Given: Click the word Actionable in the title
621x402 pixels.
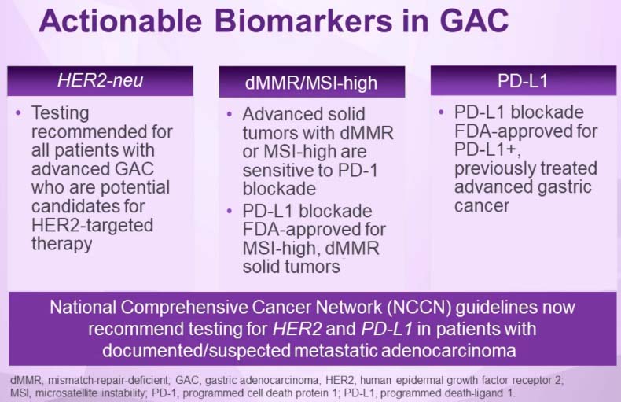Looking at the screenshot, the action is [120, 20].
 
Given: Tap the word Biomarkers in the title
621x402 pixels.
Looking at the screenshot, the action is [303, 20].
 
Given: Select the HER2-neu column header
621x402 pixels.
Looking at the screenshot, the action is [100, 80].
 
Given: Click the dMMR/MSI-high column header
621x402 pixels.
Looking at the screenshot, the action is [311, 83].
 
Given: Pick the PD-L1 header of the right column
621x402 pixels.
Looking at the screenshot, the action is [523, 81].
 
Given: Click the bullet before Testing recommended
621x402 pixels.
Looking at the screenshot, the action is [18, 113].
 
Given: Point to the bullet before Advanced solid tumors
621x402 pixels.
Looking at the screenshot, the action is [230, 115].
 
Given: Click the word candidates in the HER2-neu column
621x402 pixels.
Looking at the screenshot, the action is [88, 206].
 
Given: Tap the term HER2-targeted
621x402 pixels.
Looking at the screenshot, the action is [92, 225].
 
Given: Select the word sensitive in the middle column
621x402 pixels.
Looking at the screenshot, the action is [288, 171].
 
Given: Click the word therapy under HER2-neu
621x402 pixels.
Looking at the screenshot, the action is [62, 244].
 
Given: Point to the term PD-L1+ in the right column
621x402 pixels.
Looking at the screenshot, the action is [487, 149].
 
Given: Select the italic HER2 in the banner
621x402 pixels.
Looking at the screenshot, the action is [296, 329].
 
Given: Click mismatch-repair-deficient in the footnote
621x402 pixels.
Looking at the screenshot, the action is [109, 380].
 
